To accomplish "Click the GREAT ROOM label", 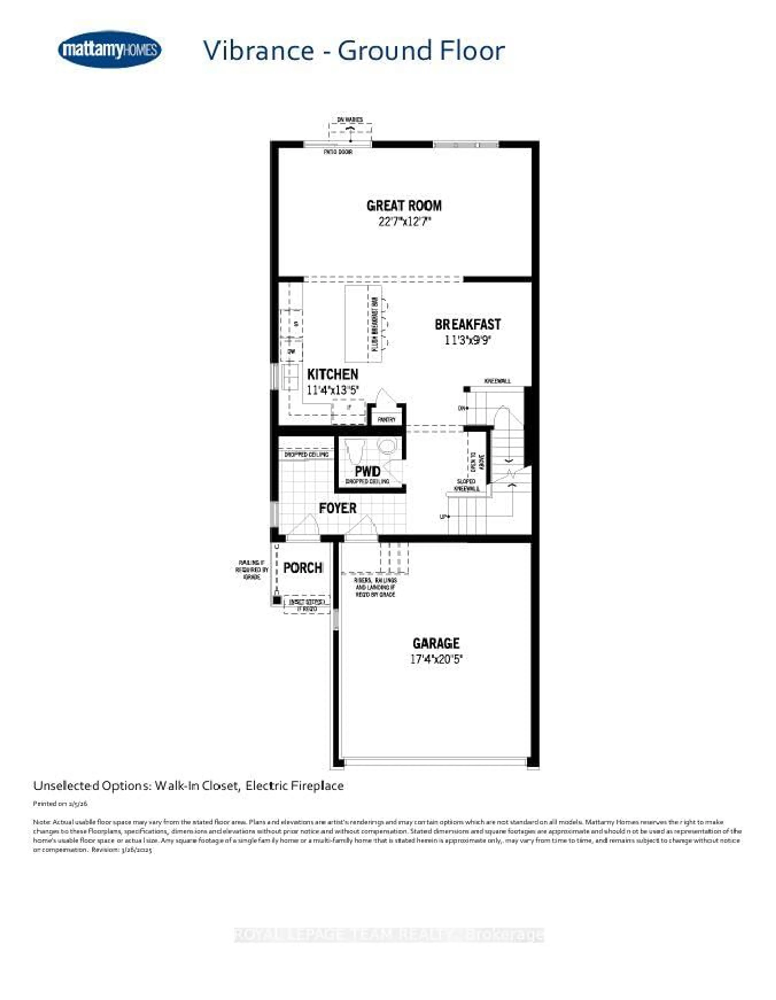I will coord(404,206).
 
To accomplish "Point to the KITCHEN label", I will coord(332,374).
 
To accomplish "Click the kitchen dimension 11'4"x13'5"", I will coord(332,390).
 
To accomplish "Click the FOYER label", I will coord(337,508).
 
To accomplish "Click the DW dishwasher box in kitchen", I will coord(291,351).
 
